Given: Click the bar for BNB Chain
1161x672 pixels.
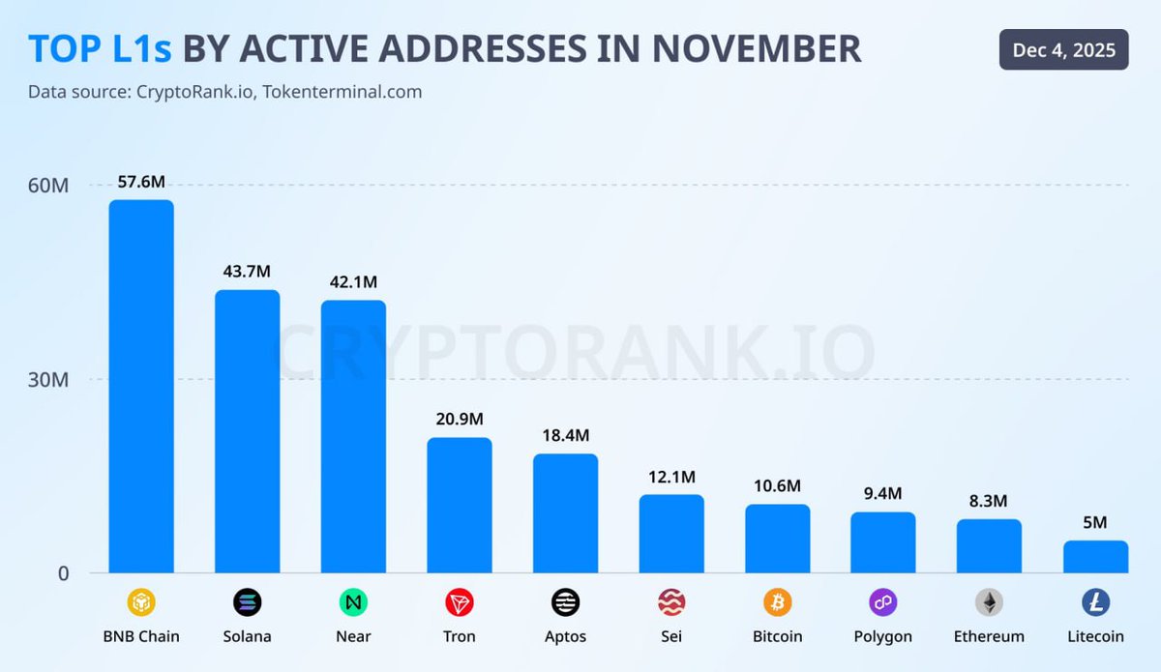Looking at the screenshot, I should click(141, 387).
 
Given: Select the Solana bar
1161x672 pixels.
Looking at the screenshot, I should click(247, 431).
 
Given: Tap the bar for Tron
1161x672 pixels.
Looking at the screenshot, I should click(460, 505).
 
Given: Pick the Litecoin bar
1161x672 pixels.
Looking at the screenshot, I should click(1095, 557).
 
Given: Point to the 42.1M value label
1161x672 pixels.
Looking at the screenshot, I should click(353, 281).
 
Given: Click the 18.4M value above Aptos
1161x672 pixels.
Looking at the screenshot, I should click(565, 435).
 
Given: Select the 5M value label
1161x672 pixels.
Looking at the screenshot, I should click(1095, 522).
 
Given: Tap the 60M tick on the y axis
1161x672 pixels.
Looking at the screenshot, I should click(47, 186).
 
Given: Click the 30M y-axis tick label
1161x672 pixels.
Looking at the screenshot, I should click(47, 380).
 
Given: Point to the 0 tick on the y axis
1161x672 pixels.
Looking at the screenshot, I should click(63, 573).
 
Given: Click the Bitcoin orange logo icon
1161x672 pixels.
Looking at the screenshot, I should click(777, 603).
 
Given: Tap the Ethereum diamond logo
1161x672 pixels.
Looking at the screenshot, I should click(989, 603).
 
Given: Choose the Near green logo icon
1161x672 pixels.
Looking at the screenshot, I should click(353, 603).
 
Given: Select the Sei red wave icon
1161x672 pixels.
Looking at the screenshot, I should click(671, 603).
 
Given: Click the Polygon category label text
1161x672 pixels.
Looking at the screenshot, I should click(882, 636).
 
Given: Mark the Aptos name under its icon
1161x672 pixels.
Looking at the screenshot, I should click(565, 636).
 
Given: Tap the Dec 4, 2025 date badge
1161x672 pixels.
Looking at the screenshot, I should click(1063, 49).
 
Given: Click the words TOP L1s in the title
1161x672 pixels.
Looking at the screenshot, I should click(100, 48).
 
